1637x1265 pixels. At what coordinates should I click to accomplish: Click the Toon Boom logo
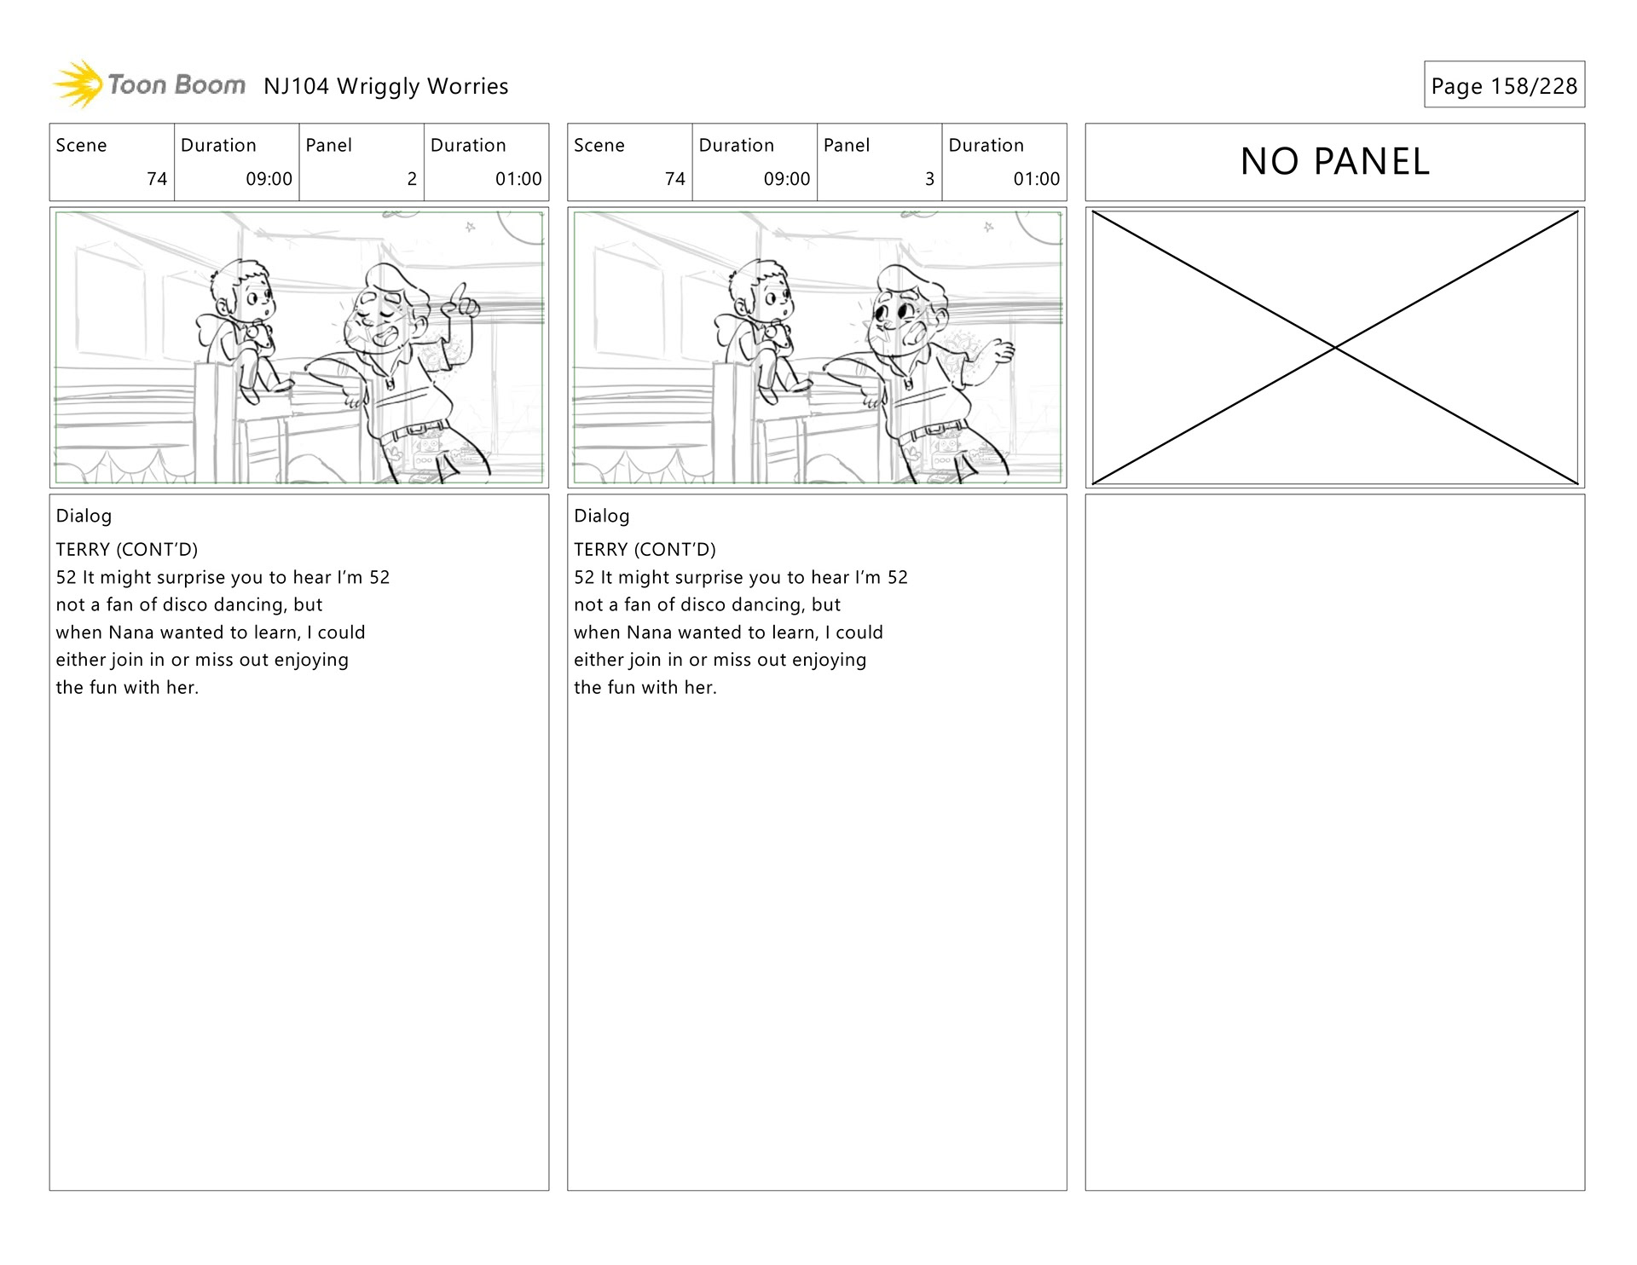pyautogui.click(x=149, y=84)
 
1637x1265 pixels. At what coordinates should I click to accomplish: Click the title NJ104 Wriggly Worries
pyautogui.click(x=386, y=87)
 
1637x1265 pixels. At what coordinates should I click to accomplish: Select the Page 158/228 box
pyautogui.click(x=1504, y=84)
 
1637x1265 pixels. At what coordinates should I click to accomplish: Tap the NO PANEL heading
pyautogui.click(x=1334, y=162)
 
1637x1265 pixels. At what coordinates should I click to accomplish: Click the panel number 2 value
pyautogui.click(x=412, y=179)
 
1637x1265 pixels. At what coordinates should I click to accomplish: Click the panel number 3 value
pyautogui.click(x=929, y=179)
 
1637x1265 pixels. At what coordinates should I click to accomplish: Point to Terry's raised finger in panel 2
pyautogui.click(x=460, y=296)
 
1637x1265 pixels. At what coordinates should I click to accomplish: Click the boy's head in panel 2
pyautogui.click(x=243, y=291)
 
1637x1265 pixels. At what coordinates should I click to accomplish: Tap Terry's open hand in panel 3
pyautogui.click(x=997, y=349)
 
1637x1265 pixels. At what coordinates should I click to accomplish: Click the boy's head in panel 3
pyautogui.click(x=761, y=291)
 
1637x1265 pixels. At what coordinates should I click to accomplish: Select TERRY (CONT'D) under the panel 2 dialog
pyautogui.click(x=127, y=550)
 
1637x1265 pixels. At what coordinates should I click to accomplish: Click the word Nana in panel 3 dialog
pyautogui.click(x=649, y=632)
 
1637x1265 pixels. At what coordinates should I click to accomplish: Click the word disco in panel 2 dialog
pyautogui.click(x=185, y=605)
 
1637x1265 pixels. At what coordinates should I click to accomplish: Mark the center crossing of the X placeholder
pyautogui.click(x=1335, y=348)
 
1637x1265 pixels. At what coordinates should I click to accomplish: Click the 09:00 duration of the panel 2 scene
pyautogui.click(x=269, y=179)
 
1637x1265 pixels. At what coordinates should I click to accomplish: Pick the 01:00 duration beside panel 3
pyautogui.click(x=1036, y=179)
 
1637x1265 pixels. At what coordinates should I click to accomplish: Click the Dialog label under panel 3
pyautogui.click(x=602, y=517)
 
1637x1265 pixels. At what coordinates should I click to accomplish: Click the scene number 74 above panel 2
pyautogui.click(x=157, y=179)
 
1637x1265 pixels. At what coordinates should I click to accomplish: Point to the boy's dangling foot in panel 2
pyautogui.click(x=249, y=395)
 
